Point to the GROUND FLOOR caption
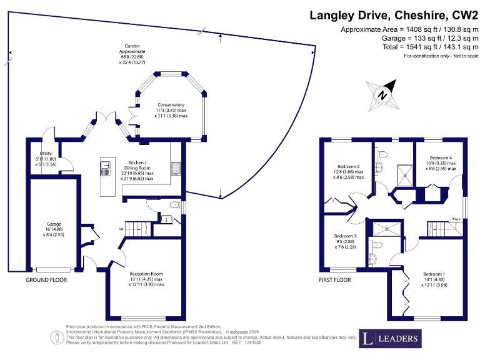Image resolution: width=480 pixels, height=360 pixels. tap(46, 280)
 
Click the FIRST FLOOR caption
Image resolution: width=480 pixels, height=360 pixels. tap(335, 280)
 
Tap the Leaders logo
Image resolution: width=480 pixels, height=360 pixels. tap(390, 339)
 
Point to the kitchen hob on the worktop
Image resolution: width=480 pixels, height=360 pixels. tap(175, 167)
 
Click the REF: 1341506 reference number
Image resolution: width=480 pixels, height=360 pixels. tap(245, 342)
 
